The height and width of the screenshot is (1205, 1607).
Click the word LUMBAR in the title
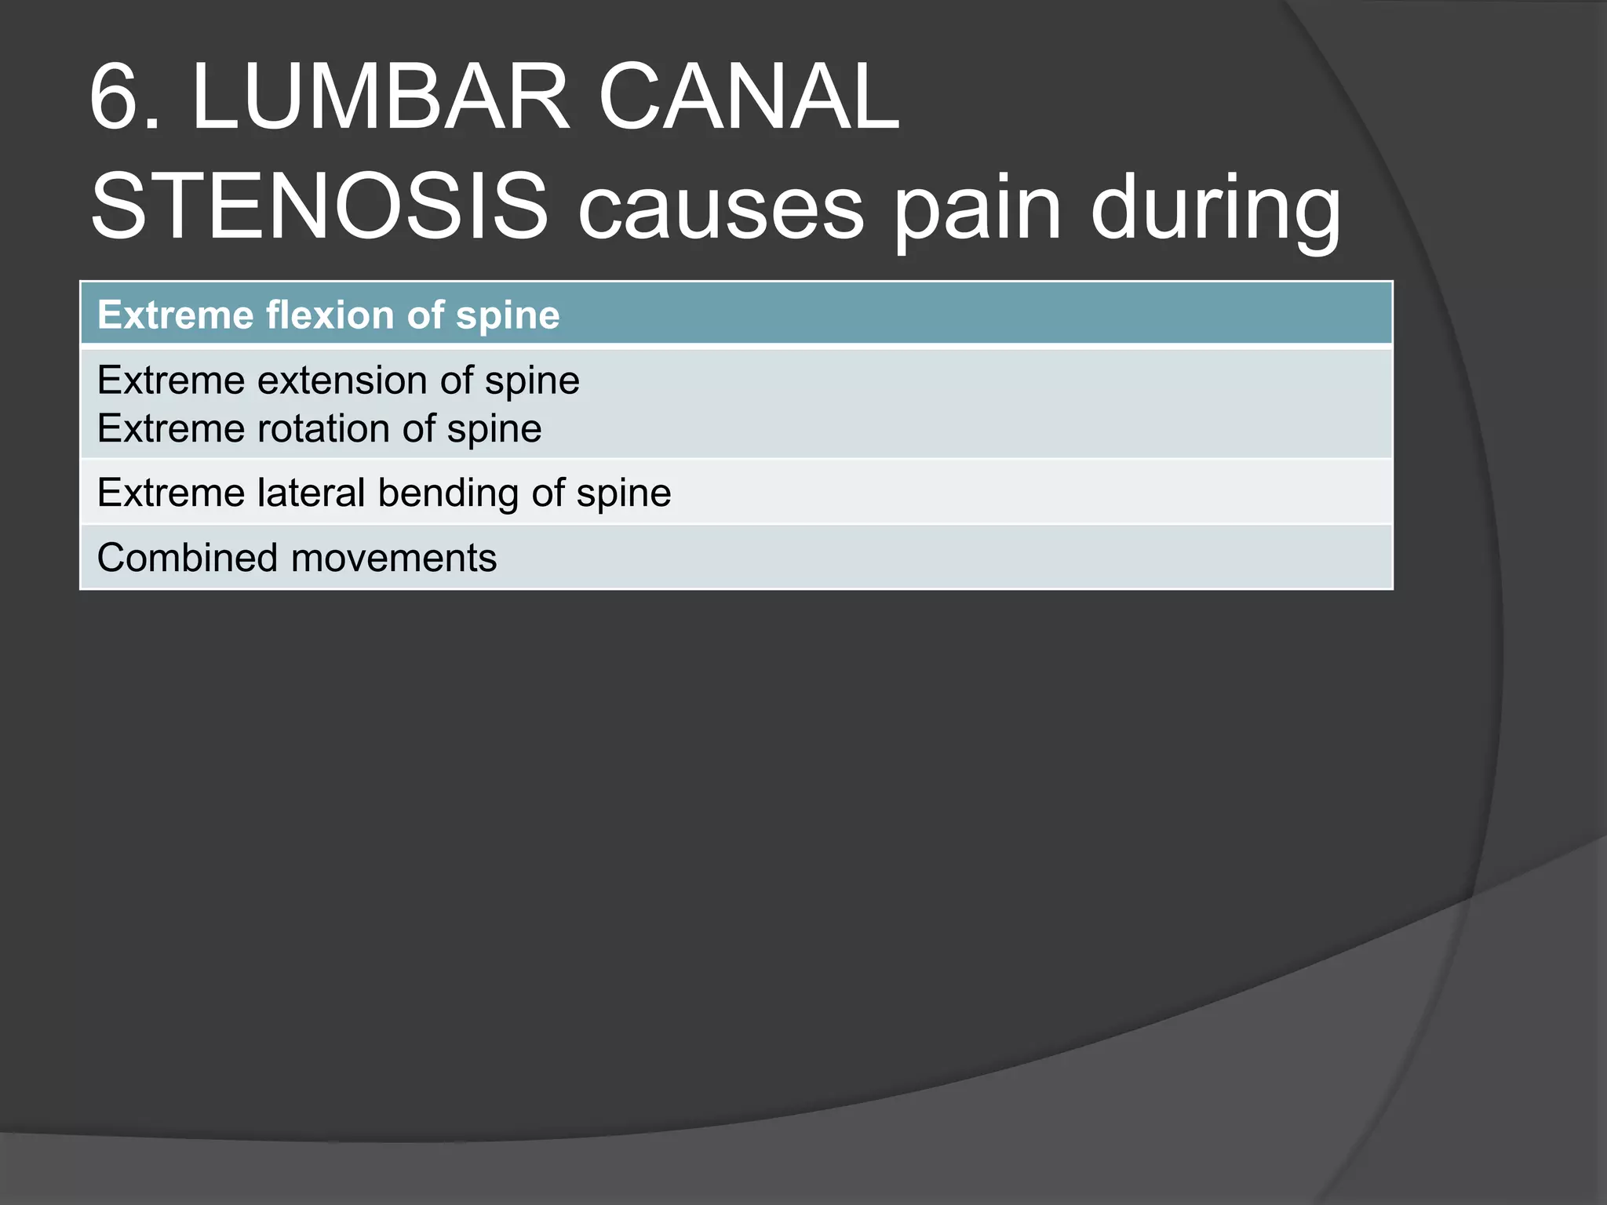380,98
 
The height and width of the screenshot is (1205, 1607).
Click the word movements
394,559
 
